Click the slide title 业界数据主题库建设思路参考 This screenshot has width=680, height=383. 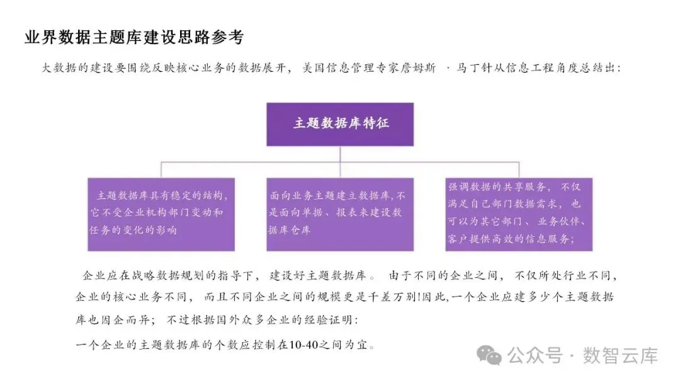point(133,37)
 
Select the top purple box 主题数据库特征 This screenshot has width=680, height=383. point(341,123)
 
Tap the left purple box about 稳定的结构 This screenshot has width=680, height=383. point(161,214)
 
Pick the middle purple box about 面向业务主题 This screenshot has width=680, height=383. point(341,214)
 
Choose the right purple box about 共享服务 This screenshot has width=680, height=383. point(519,214)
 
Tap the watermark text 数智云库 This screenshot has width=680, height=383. point(620,355)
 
